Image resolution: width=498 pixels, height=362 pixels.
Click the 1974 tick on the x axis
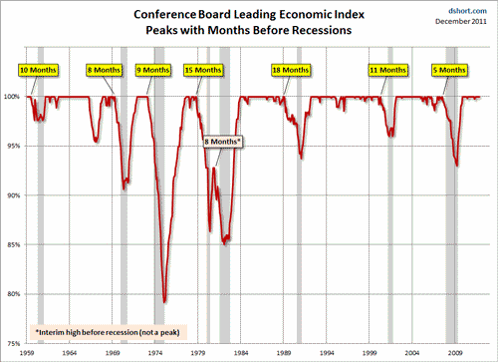click(156, 353)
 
